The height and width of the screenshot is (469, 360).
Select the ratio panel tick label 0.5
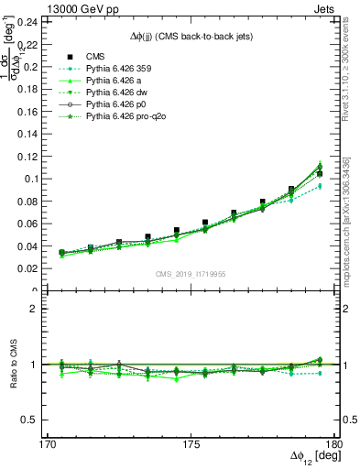click(41, 420)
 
